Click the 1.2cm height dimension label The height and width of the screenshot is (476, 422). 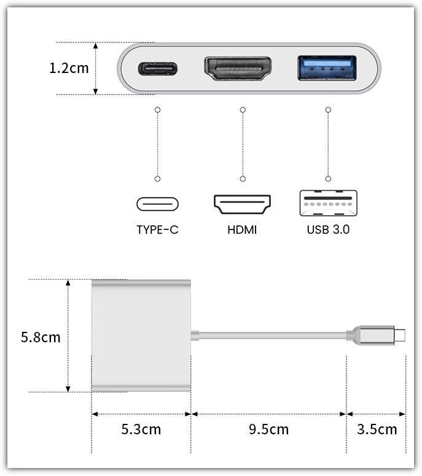[69, 68]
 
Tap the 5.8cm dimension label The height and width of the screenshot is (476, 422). [41, 337]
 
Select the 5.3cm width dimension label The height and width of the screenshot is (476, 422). [141, 429]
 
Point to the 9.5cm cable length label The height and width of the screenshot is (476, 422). [269, 429]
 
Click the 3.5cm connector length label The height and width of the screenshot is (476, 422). [377, 429]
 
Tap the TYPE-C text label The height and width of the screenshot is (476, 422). [157, 230]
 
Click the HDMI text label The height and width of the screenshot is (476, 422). [242, 230]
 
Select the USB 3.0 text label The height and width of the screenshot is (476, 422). [329, 230]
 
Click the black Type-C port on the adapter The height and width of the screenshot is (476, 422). [158, 69]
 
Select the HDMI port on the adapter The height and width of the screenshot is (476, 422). [238, 69]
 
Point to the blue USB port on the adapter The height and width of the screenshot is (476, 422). [327, 68]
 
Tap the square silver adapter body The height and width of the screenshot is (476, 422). [141, 336]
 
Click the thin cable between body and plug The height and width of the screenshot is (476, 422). [272, 335]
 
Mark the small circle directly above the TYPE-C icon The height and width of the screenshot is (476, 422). [157, 178]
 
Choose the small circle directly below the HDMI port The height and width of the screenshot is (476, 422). [243, 110]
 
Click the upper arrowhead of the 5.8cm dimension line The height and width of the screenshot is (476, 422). [68, 283]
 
